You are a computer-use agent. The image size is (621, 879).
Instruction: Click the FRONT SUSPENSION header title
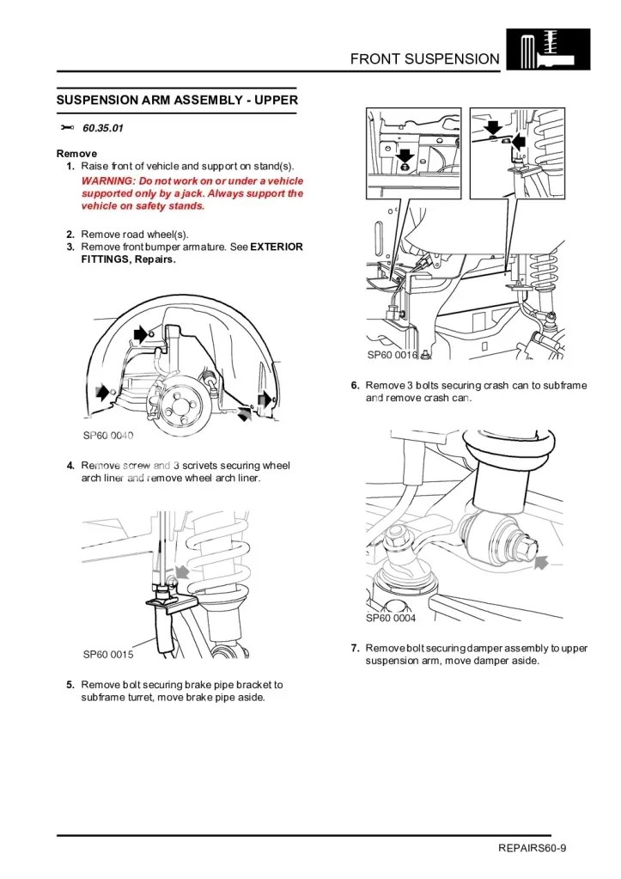[x=424, y=58]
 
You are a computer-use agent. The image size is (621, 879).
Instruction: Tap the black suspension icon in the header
[x=548, y=49]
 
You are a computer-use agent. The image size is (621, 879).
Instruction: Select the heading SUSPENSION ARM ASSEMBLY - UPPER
[x=177, y=100]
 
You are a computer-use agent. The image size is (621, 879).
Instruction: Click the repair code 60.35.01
[x=103, y=129]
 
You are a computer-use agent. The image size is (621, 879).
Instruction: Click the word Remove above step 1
[x=76, y=154]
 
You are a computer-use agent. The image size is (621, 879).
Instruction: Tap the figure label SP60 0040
[x=108, y=435]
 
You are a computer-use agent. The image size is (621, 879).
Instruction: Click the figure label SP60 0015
[x=108, y=655]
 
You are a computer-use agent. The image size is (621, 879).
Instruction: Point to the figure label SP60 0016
[x=393, y=354]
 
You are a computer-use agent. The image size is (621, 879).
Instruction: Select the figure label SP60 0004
[x=391, y=618]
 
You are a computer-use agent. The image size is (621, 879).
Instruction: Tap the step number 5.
[x=70, y=685]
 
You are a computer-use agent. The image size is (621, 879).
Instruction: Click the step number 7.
[x=355, y=648]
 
